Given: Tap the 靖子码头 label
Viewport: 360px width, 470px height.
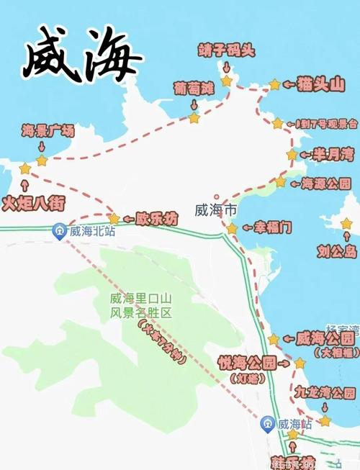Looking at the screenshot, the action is click(x=226, y=50).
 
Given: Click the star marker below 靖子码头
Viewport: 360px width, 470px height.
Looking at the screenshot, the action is click(x=227, y=81).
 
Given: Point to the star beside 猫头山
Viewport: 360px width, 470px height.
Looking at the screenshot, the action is click(x=274, y=85).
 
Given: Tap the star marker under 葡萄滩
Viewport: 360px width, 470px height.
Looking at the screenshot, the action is click(x=194, y=117).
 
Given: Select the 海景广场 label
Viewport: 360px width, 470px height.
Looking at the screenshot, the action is click(x=48, y=130).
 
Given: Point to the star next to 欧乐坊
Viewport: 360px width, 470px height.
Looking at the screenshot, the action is click(x=113, y=218).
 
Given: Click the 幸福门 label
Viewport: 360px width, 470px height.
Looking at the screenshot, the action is click(x=273, y=228).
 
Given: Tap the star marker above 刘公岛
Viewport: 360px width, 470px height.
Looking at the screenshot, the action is click(x=346, y=224).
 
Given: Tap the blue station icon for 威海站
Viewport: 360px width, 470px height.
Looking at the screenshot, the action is click(x=268, y=423).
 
